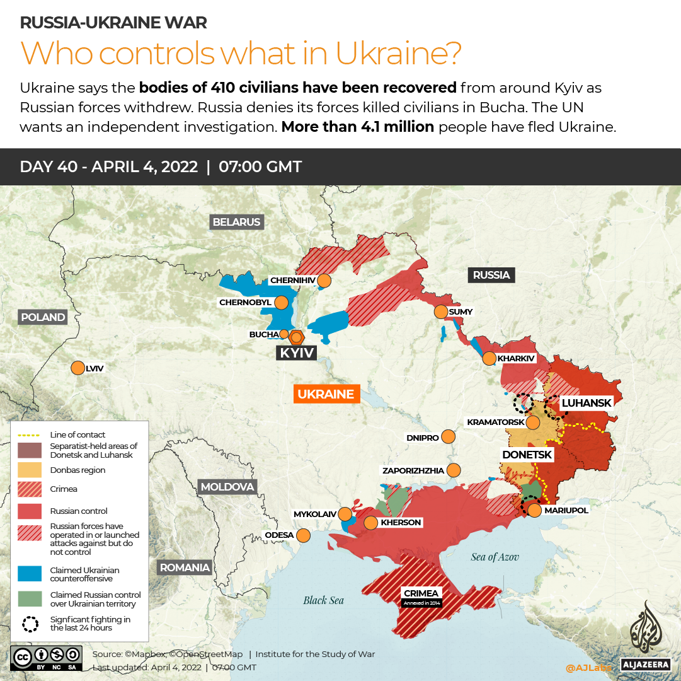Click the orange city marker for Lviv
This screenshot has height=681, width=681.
(78, 368)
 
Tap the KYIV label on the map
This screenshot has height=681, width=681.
(297, 352)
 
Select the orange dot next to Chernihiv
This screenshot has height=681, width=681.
(324, 280)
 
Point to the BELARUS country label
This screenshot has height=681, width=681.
(236, 222)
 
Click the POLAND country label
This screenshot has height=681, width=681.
(42, 317)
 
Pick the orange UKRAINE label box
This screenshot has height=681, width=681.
(326, 394)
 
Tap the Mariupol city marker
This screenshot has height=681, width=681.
(534, 510)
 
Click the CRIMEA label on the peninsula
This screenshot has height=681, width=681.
(421, 593)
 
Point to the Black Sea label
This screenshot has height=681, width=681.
(323, 600)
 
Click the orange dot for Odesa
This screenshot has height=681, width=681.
(304, 535)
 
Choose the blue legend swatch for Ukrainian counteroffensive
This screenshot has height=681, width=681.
(28, 574)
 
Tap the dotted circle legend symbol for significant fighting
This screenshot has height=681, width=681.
(29, 624)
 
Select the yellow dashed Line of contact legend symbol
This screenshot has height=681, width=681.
(28, 434)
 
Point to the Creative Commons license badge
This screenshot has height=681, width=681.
(46, 658)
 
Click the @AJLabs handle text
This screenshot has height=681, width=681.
(589, 667)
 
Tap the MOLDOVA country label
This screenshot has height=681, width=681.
(227, 487)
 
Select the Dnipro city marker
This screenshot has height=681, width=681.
(449, 436)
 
